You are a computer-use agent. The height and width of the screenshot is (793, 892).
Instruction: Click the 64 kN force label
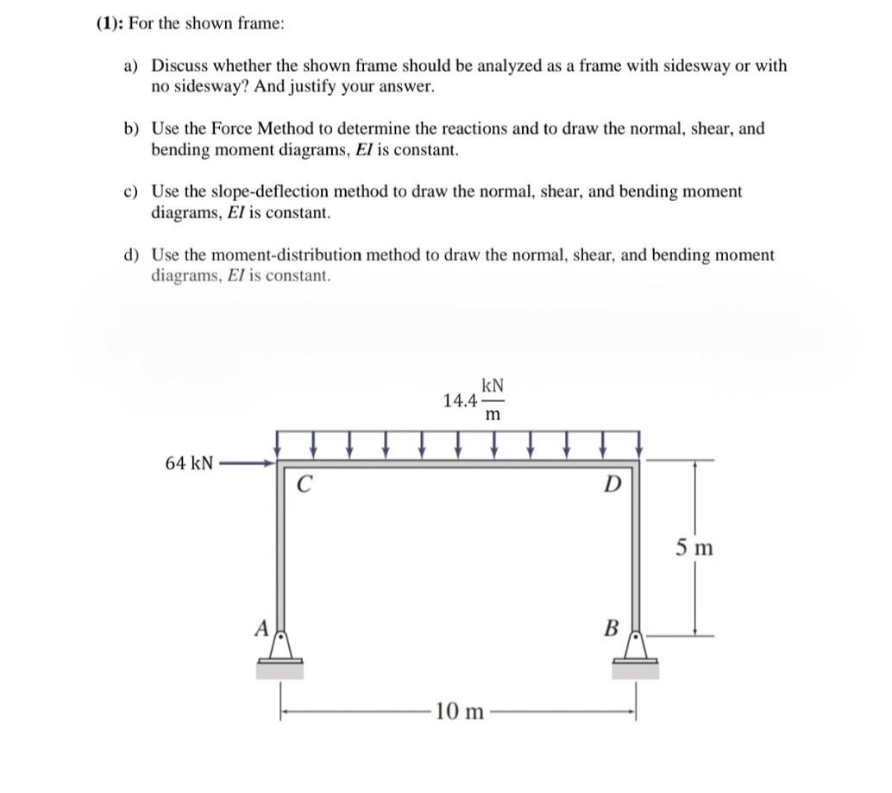(x=189, y=463)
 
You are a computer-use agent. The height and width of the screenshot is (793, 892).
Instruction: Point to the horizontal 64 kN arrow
(x=247, y=464)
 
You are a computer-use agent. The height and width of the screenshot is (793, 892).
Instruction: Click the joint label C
(x=303, y=483)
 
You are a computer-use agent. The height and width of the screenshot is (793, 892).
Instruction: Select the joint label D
(x=611, y=484)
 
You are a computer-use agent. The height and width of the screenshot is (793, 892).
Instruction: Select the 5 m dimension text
(x=694, y=547)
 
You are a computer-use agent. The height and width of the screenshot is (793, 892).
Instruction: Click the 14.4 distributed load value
(x=459, y=401)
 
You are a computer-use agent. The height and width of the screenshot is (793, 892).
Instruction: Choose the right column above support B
(x=637, y=552)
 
